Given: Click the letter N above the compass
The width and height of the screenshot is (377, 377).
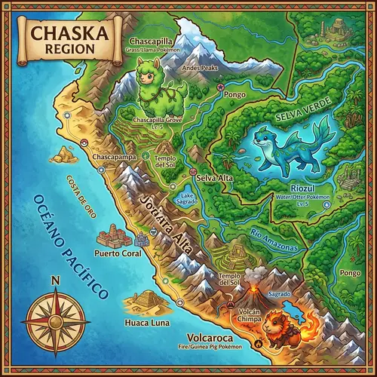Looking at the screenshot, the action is point(54,281).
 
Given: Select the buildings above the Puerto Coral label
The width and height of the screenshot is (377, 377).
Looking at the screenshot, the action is point(115,235).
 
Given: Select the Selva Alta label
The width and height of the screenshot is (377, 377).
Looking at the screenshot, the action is point(213,178).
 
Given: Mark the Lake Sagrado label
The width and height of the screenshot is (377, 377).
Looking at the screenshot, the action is point(187,200).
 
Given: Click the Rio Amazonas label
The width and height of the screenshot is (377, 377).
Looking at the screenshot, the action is point(273,239).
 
